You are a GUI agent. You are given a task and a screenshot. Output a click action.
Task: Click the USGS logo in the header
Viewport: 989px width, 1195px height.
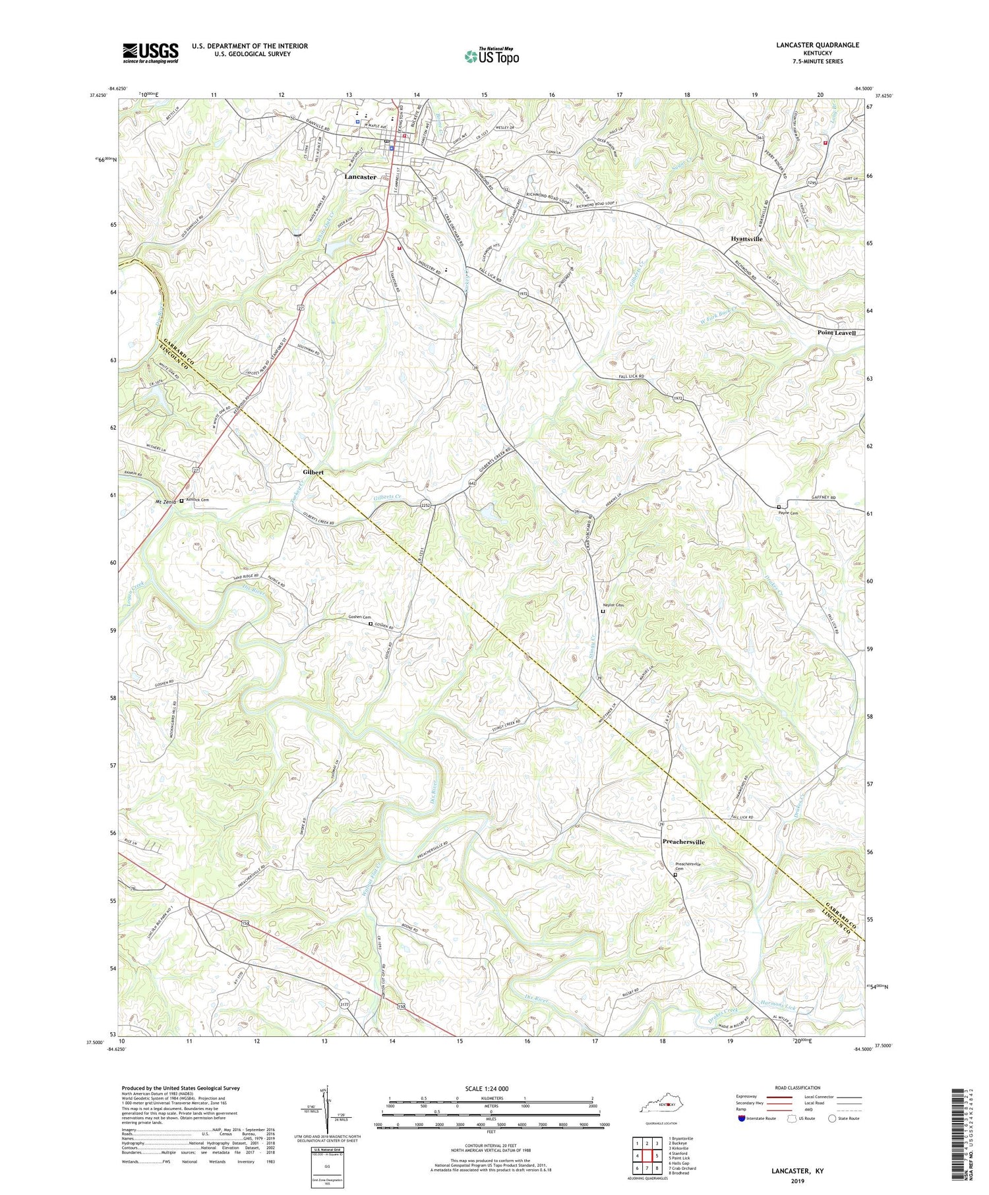[x=150, y=53]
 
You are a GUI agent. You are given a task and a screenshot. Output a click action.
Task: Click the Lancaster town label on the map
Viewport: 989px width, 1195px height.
[x=360, y=177]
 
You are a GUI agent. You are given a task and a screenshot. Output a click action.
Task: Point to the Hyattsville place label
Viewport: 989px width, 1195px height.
[x=746, y=239]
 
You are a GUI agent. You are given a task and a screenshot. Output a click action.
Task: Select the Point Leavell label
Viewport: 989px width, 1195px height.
[x=836, y=333]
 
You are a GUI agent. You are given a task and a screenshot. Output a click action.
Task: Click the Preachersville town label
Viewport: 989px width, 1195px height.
[x=683, y=842]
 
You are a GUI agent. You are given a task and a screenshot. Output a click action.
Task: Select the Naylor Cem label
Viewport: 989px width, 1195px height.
[x=613, y=604]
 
